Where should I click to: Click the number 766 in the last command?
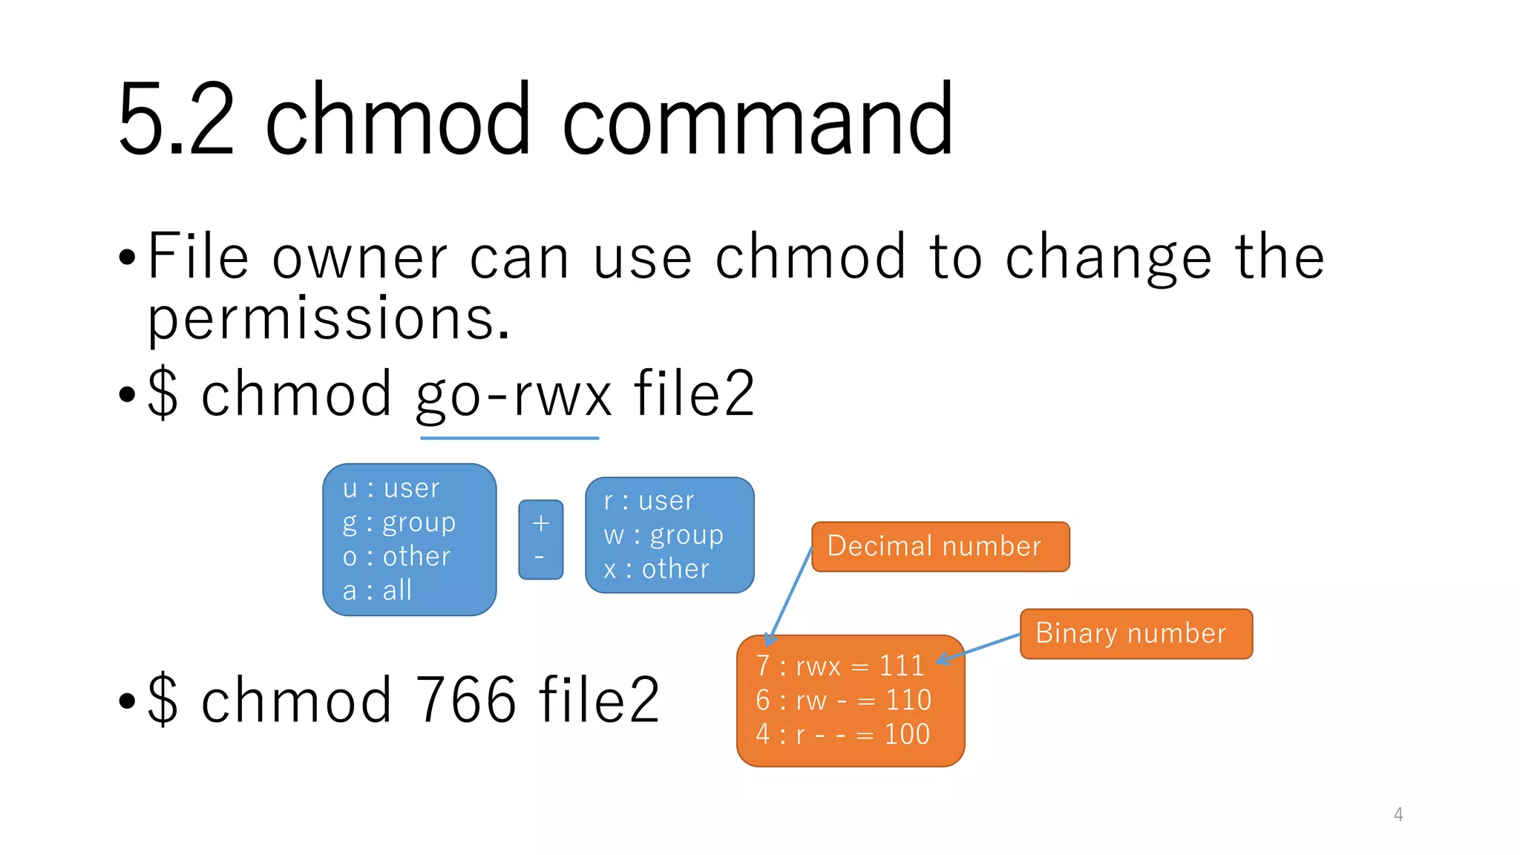point(465,700)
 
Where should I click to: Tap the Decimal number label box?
point(940,547)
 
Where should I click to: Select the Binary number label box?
point(1135,634)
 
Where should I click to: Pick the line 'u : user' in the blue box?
point(391,489)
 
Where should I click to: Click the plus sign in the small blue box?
point(540,524)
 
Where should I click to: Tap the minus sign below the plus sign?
point(540,557)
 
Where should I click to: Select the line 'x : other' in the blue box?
point(656,569)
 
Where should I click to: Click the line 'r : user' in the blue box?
point(649,501)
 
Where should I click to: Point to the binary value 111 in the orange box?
point(901,666)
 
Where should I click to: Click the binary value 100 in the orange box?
point(906,735)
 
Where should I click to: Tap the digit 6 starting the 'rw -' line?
point(763,701)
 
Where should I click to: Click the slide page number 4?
point(1398,815)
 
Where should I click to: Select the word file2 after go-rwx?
point(694,396)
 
